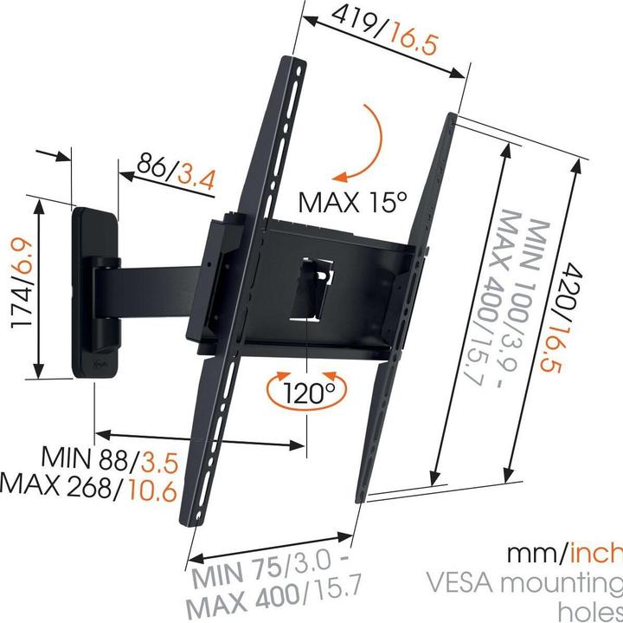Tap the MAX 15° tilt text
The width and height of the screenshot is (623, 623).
click(352, 202)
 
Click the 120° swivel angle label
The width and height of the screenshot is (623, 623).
click(307, 393)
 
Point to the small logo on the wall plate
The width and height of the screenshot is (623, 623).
click(97, 366)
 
